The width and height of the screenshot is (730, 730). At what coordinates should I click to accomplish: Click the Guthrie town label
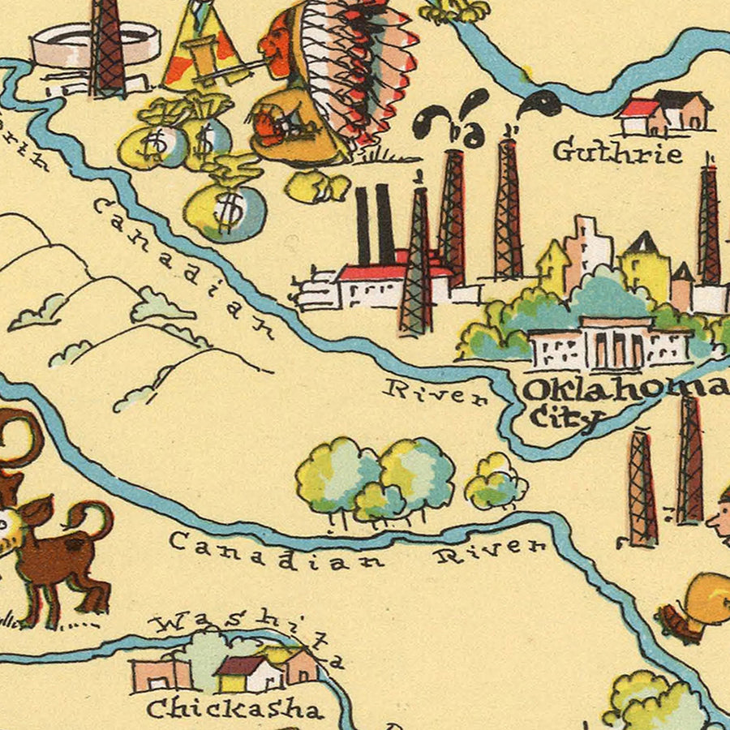618,151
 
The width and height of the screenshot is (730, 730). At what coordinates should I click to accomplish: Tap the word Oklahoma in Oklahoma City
625,389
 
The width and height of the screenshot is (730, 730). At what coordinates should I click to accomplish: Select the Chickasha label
234,708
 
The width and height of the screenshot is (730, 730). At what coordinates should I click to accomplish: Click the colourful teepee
203,49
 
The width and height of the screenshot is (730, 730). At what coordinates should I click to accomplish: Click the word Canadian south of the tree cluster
277,551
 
